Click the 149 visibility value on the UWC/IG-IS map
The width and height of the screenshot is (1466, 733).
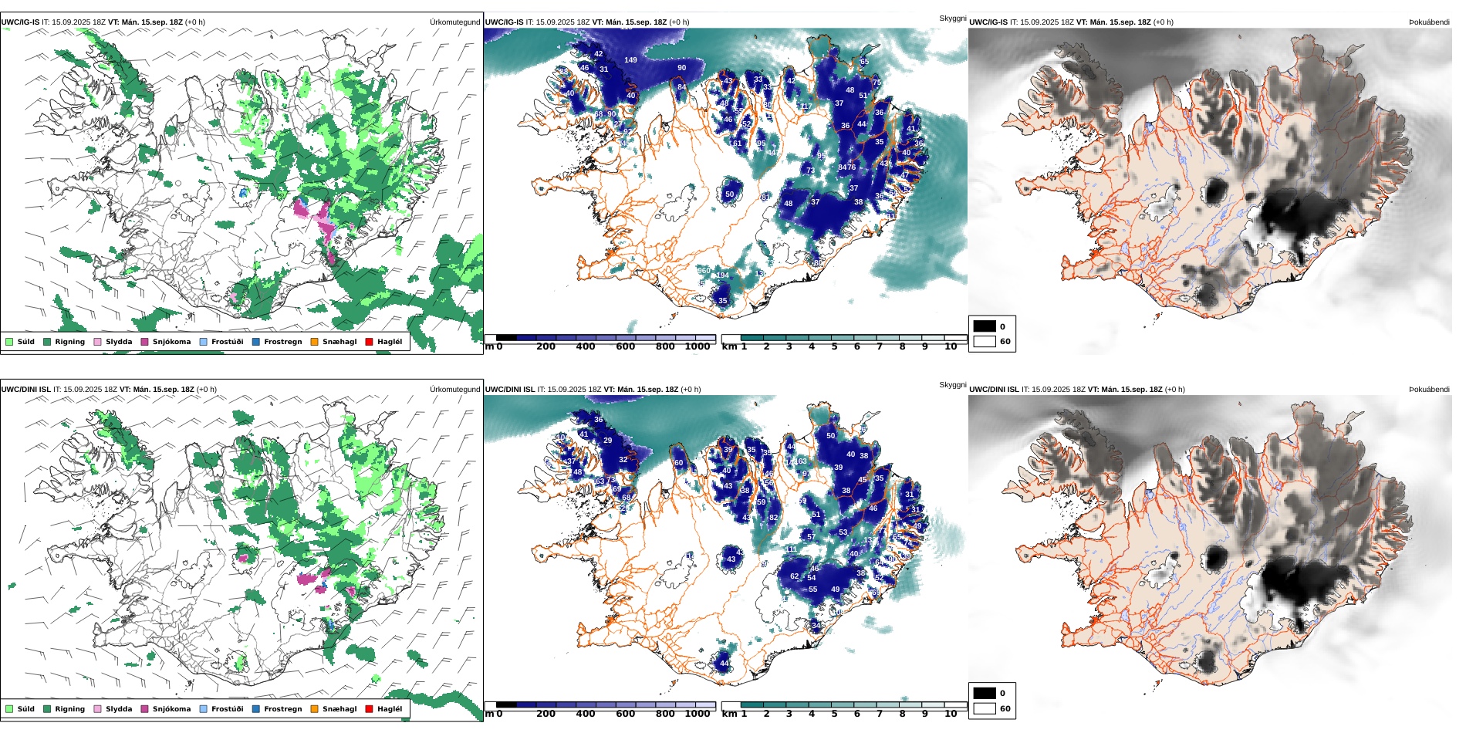tap(630, 60)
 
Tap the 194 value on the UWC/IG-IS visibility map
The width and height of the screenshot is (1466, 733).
tap(722, 275)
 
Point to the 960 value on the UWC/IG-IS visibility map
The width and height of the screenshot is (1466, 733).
tap(704, 271)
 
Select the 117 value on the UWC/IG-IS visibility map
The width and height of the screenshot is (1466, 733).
tap(806, 106)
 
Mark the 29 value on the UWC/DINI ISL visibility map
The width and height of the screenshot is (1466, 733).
tap(608, 441)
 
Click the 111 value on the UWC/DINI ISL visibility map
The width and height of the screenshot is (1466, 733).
tap(792, 549)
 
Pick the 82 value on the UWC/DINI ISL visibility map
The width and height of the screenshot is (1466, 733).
tap(773, 518)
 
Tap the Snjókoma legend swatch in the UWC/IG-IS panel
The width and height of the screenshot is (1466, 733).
tap(144, 342)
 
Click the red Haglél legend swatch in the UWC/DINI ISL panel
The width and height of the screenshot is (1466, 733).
tap(369, 709)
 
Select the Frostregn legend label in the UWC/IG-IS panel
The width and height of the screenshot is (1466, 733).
tap(282, 342)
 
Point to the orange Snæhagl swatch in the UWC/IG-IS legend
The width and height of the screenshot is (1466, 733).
tap(314, 342)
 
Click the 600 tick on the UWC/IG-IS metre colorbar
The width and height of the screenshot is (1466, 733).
tap(625, 347)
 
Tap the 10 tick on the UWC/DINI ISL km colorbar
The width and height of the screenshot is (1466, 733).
tap(951, 714)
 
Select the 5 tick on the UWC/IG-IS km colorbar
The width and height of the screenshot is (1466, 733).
tap(834, 347)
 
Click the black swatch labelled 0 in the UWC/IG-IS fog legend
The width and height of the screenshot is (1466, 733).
tap(985, 326)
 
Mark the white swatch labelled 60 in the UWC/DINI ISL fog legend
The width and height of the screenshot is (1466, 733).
tap(985, 708)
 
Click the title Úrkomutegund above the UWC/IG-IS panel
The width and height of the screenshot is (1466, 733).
tap(454, 22)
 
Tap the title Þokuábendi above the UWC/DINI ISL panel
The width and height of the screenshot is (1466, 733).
tap(1429, 390)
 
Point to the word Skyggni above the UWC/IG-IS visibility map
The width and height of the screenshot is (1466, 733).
tap(952, 19)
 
